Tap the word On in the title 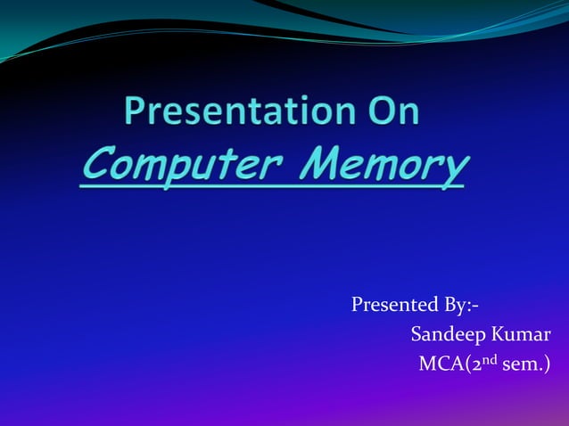point(388,113)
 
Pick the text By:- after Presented point(460,306)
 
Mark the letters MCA point(440,364)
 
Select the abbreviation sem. point(522,364)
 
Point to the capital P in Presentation point(134,113)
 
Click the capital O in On point(375,113)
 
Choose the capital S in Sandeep point(416,335)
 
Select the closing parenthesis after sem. point(546,364)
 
